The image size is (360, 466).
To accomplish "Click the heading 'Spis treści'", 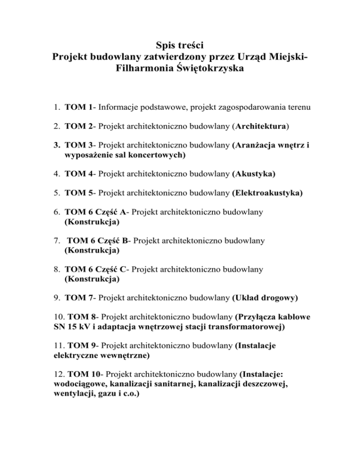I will coord(180,46).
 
